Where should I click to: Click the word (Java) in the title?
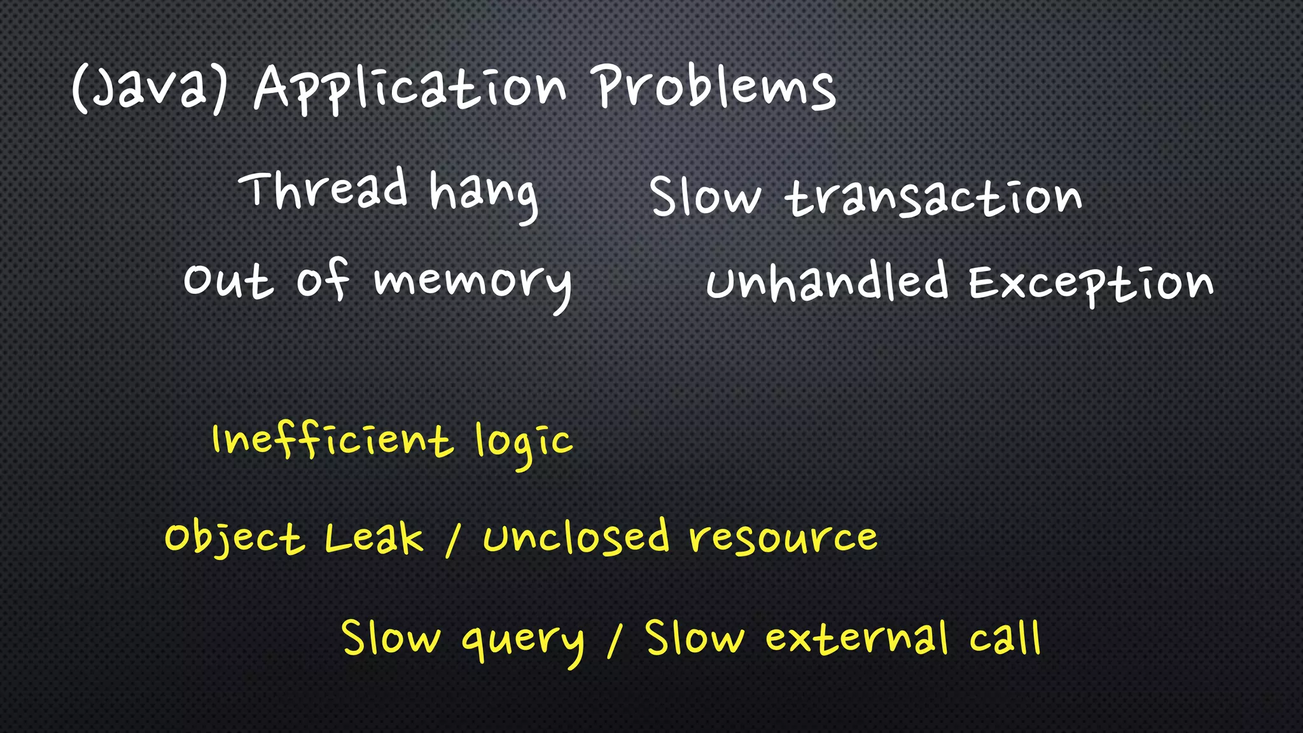[150, 89]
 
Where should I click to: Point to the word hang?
[484, 194]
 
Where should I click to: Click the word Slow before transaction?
[705, 197]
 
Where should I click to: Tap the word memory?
[473, 283]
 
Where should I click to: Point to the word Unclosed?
[576, 538]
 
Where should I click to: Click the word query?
[522, 641]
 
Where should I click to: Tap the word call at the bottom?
[1005, 638]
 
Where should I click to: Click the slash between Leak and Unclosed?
[452, 541]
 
